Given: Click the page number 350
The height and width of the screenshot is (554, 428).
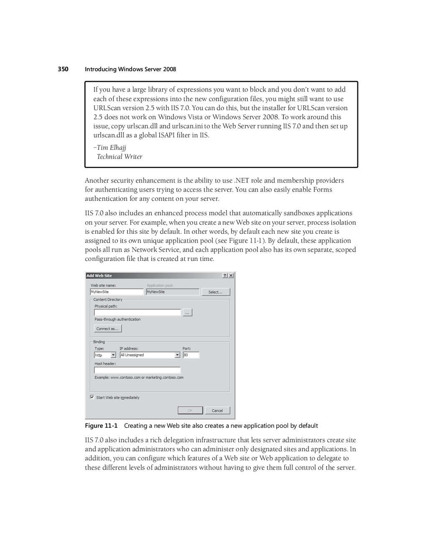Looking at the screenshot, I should coord(63,69).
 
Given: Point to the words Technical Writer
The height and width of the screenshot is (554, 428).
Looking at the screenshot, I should coord(120,157).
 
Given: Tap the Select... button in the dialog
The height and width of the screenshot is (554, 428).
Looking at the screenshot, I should coord(216,292).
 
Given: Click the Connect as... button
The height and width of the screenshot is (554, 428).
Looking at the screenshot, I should coord(108,329).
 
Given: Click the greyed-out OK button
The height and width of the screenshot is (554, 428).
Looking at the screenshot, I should coord(190,411).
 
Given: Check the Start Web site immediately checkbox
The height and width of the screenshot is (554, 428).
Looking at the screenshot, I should coord(92,397).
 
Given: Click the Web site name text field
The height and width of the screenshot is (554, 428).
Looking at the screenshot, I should coord(117,292).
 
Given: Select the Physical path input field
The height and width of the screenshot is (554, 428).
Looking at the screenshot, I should coord(138,312).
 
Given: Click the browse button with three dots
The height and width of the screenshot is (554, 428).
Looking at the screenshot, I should coord(187,312).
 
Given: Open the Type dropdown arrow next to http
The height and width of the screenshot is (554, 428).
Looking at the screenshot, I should coord(113,355).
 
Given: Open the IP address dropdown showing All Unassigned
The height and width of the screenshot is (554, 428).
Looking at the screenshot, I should coord(177,355).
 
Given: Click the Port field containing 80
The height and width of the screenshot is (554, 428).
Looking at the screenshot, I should coord(191,355).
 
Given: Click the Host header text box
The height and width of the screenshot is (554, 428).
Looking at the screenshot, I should coord(138,370).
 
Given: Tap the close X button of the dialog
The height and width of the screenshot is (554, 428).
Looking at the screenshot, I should coord(231,276).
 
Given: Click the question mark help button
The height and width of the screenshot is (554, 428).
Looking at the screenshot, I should coord(225,276).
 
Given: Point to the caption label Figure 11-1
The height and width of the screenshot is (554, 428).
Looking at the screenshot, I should coord(101,426).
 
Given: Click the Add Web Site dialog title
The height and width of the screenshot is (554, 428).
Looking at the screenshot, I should coord(99,276).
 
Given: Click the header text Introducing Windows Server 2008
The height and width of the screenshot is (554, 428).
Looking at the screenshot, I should coord(130,69).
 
